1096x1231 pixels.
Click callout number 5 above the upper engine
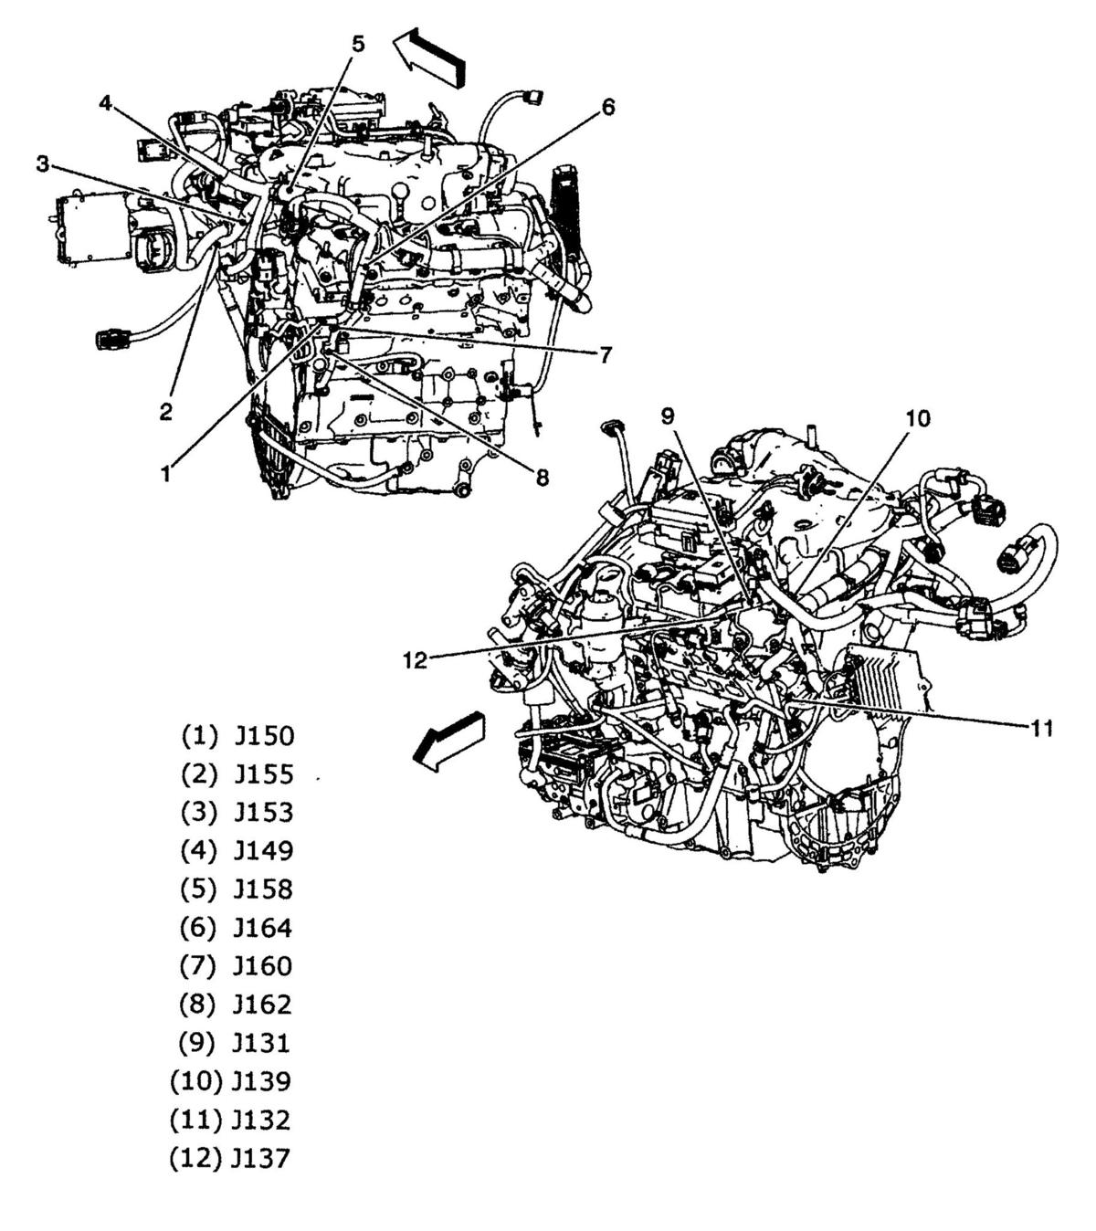pyautogui.click(x=358, y=44)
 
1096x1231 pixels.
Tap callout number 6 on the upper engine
pyautogui.click(x=607, y=107)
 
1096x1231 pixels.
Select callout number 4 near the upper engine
pyautogui.click(x=106, y=103)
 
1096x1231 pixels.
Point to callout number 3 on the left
pyautogui.click(x=43, y=163)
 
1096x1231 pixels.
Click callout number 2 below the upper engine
pyautogui.click(x=165, y=412)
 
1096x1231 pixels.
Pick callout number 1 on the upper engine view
pyautogui.click(x=165, y=473)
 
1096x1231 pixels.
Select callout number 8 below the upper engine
pyautogui.click(x=543, y=477)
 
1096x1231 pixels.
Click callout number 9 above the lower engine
pyautogui.click(x=669, y=416)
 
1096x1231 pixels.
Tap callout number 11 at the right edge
pyautogui.click(x=1042, y=728)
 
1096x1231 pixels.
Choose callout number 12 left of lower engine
pyautogui.click(x=416, y=660)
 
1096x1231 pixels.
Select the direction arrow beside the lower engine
pyautogui.click(x=448, y=738)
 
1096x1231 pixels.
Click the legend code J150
pyautogui.click(x=264, y=736)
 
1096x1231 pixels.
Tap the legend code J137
pyautogui.click(x=261, y=1159)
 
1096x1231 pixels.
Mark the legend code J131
pyautogui.click(x=263, y=1044)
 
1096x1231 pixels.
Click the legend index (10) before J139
pyautogui.click(x=195, y=1082)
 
